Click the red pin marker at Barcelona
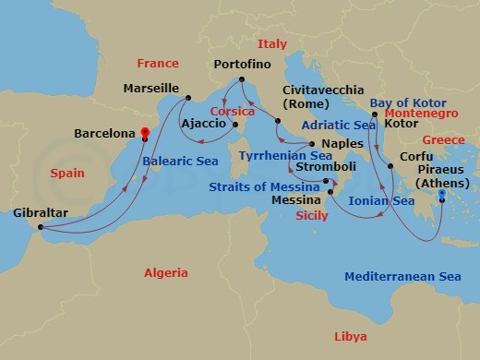(144, 132)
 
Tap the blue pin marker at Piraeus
(441, 194)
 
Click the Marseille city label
(150, 89)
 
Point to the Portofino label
(244, 66)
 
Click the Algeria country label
(165, 273)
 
